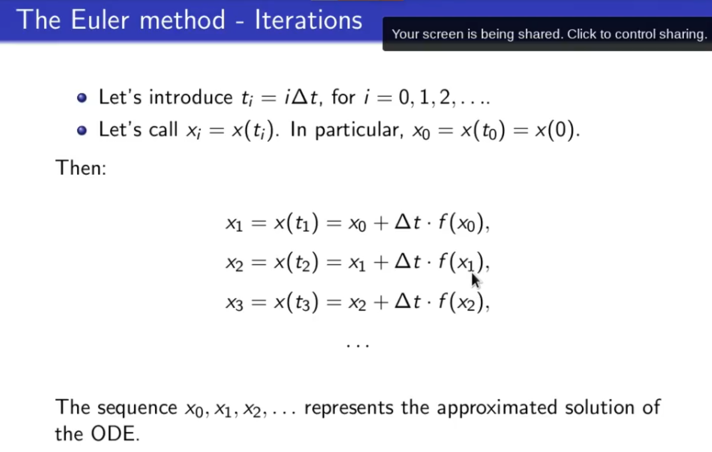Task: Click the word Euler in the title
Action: [100, 19]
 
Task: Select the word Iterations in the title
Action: [309, 19]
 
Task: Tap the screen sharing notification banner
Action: [547, 33]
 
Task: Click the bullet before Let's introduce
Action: [82, 97]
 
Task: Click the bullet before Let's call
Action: [82, 130]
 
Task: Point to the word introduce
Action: [191, 97]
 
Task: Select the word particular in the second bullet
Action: [359, 130]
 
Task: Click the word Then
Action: [81, 168]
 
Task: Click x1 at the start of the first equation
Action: [234, 224]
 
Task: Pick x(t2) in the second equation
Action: [296, 262]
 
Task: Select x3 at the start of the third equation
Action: [234, 303]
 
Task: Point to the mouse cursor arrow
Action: [476, 280]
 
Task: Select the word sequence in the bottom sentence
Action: [137, 408]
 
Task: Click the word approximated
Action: [497, 408]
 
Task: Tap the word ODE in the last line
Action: [115, 434]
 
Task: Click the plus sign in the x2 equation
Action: [381, 263]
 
